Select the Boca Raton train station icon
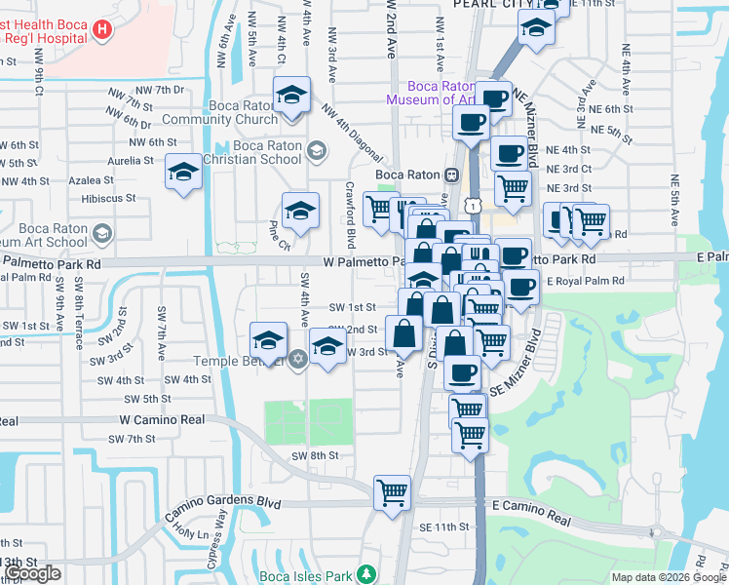click(x=451, y=175)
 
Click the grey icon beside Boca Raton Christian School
click(x=315, y=150)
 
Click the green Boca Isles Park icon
click(x=365, y=573)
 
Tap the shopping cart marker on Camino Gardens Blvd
click(x=392, y=492)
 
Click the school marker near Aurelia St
click(x=182, y=173)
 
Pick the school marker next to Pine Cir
click(x=301, y=211)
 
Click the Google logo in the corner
click(x=33, y=574)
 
